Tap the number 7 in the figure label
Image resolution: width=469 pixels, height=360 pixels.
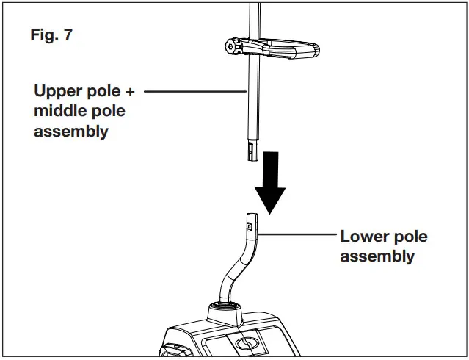coord(68,35)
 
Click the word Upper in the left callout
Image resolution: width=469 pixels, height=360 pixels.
coord(57,93)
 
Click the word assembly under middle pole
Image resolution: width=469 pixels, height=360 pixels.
coord(71,132)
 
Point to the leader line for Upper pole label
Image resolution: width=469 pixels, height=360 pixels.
coord(194,92)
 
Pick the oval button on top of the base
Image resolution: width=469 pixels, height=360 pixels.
coord(247,343)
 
